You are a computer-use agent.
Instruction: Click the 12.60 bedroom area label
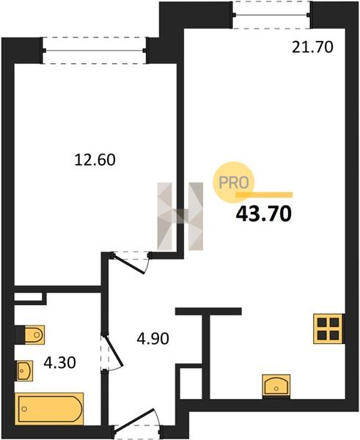95,160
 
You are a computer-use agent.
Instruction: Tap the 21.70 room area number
312,47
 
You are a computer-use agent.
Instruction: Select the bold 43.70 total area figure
264,214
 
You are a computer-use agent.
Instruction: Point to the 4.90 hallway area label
153,338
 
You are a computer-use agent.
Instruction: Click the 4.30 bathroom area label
60,362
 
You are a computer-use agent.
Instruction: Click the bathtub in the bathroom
49,408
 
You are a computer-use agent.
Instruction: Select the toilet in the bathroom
30,334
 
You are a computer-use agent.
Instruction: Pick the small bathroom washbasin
24,370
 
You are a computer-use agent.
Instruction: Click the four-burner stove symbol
328,329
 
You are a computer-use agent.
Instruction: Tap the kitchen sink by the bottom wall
276,386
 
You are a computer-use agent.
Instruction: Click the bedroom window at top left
95,51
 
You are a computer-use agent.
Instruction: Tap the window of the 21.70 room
271,15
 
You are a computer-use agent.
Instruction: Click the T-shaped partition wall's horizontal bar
208,311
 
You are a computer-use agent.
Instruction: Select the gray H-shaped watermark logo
180,216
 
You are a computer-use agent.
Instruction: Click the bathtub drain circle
24,409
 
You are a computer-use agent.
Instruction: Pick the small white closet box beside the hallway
191,383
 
